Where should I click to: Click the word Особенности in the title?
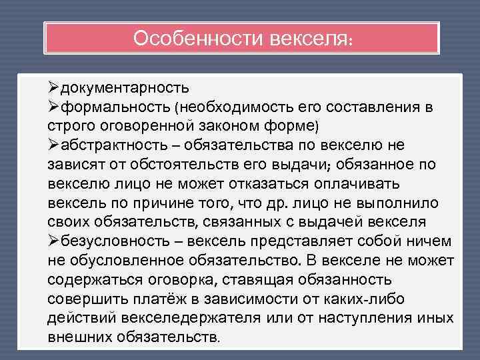point(198,39)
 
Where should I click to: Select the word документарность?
point(125,88)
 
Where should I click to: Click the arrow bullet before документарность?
point(53,87)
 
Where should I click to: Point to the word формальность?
point(115,107)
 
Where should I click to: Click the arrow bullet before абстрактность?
point(53,145)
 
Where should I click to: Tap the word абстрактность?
point(114,145)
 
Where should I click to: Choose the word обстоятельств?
point(184,165)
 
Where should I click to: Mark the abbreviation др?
point(277,203)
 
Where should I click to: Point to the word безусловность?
point(115,241)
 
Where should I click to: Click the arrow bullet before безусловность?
point(53,241)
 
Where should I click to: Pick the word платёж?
point(159,299)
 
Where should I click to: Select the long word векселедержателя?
point(191,319)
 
